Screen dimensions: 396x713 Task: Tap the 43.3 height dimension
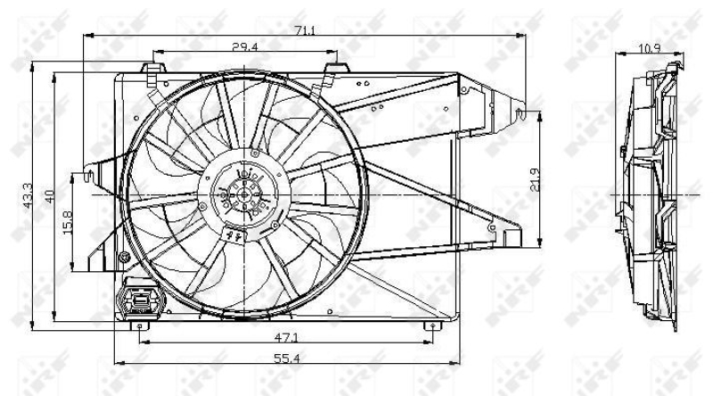pyautogui.click(x=26, y=192)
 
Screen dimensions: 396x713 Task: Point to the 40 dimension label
pyautogui.click(x=50, y=194)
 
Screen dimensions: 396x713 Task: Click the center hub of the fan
pyautogui.click(x=244, y=194)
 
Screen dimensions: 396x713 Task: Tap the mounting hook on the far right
pyautogui.click(x=524, y=113)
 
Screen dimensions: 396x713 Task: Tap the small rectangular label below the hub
pyautogui.click(x=237, y=235)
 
